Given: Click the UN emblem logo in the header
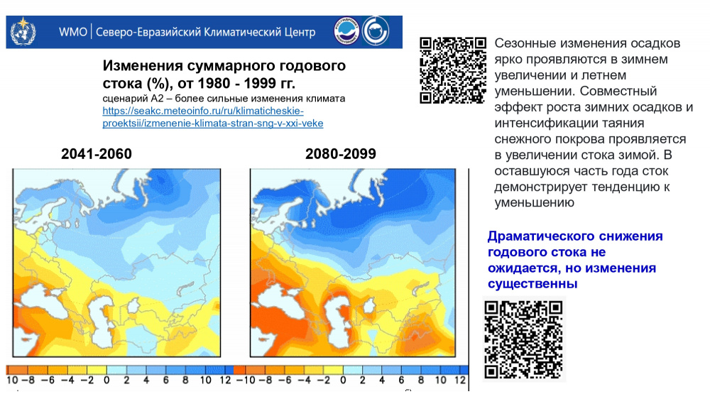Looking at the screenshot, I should (x=23, y=31).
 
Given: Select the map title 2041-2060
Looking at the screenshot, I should (x=97, y=154).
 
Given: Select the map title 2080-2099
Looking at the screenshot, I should (x=341, y=154).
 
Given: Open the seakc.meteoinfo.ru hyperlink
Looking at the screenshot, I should (x=213, y=117).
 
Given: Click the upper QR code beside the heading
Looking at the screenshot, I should (x=453, y=70).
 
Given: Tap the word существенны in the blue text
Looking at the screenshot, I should (x=532, y=284).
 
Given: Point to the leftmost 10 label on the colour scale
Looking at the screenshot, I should (x=12, y=381).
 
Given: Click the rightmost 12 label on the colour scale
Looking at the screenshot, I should (x=459, y=381).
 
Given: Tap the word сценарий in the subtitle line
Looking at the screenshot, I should (x=125, y=99).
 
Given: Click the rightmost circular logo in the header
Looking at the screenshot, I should (x=376, y=31).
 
